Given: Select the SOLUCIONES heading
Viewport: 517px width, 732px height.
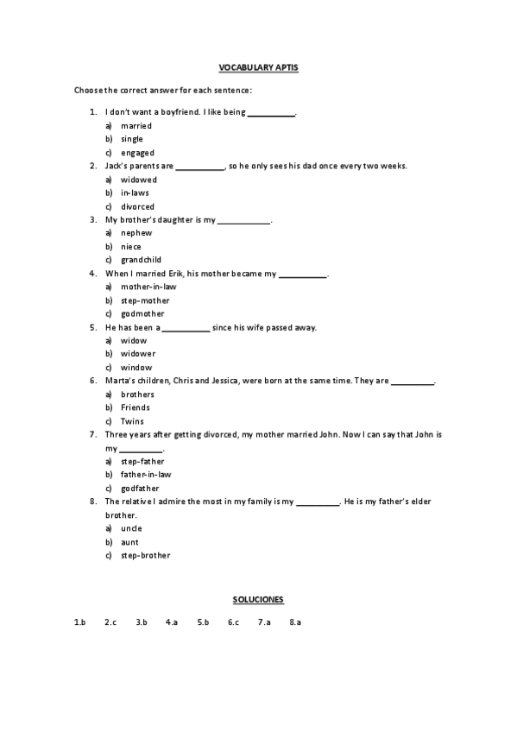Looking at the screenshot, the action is click(x=258, y=598).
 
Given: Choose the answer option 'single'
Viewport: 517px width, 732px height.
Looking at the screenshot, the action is click(x=132, y=139).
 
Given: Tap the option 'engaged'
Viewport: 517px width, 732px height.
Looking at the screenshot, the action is click(x=137, y=153).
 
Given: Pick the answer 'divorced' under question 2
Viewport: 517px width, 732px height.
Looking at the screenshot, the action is click(x=137, y=206).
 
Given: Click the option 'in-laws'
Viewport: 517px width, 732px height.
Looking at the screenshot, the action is click(x=135, y=192).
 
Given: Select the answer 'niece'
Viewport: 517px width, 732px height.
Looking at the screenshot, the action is click(x=131, y=246).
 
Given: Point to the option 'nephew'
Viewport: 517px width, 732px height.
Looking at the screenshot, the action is click(x=136, y=233).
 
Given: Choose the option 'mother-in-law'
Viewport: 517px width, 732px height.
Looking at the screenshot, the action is click(x=148, y=287).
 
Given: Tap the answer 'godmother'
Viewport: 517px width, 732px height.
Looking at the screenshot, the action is click(x=142, y=313).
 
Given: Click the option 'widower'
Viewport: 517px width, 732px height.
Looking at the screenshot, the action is click(x=138, y=354).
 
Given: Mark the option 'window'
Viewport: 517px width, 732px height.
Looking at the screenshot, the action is click(x=136, y=368).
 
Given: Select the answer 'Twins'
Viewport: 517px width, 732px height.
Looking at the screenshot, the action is click(x=132, y=421).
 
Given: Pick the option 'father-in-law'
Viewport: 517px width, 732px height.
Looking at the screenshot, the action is click(x=146, y=475).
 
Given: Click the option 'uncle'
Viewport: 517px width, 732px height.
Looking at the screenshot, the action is click(x=131, y=528).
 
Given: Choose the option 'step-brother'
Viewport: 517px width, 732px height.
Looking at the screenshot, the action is click(x=145, y=555).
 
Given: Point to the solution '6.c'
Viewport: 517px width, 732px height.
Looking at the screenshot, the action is click(x=233, y=622).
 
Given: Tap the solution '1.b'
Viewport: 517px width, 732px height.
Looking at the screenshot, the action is click(x=80, y=622).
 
